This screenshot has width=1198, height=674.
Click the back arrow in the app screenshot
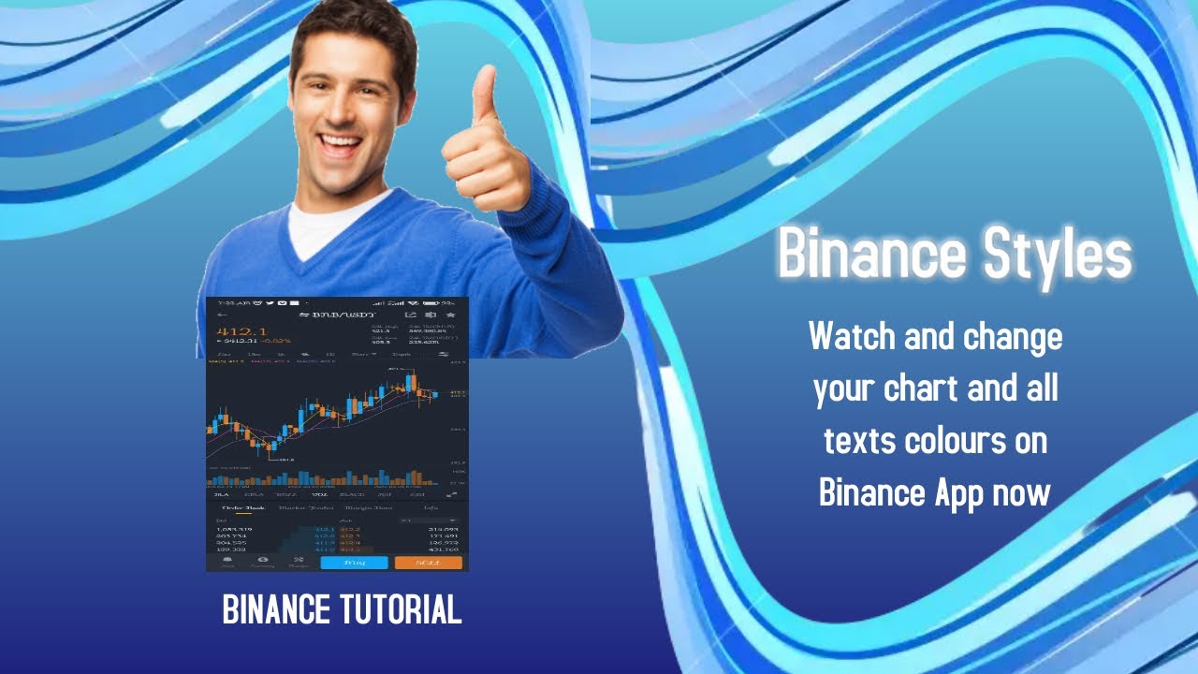point(222,315)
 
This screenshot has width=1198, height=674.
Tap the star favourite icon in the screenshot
point(450,315)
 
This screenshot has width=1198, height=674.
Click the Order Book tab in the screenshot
point(242,507)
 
